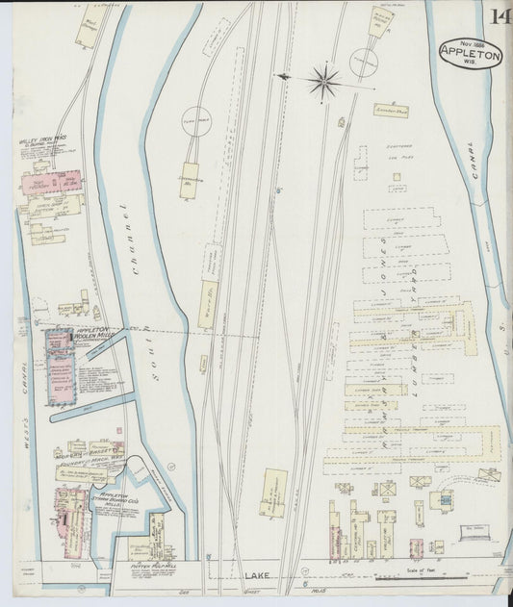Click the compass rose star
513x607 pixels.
coord(324,81)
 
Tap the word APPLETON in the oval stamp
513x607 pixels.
coord(470,56)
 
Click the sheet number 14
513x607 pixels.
coord(500,16)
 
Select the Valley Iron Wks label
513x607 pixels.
coord(41,140)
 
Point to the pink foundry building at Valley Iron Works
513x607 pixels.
coord(53,183)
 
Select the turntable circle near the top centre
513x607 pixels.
coord(364,62)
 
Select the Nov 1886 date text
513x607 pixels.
coord(468,43)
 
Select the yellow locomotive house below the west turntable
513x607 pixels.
coord(189,180)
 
